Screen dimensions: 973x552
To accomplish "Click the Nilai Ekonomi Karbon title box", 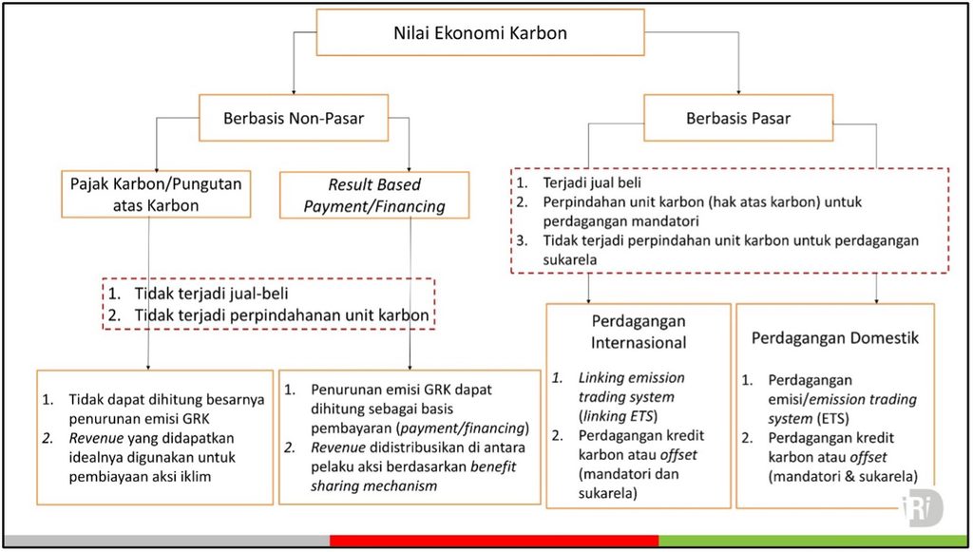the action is pyautogui.click(x=480, y=32).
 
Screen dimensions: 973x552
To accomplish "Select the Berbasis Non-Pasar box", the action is pyautogui.click(x=294, y=118).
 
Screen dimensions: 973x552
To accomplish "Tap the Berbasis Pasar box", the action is pyautogui.click(x=738, y=118).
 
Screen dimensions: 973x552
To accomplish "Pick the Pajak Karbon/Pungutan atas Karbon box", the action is pyautogui.click(x=156, y=194).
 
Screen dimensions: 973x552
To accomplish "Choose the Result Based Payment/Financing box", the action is pyautogui.click(x=374, y=195).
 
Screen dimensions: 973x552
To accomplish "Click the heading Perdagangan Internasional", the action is pyautogui.click(x=639, y=332).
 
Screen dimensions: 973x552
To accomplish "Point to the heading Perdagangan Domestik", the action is pyautogui.click(x=834, y=338).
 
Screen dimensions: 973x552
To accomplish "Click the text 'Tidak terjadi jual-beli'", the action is pyautogui.click(x=211, y=294).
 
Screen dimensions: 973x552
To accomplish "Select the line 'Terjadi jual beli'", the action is pyautogui.click(x=592, y=182).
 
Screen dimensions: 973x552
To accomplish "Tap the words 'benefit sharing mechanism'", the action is pyautogui.click(x=413, y=476).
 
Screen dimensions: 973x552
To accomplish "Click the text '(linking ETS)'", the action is pyautogui.click(x=618, y=416).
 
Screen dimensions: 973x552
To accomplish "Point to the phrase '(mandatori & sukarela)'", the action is pyautogui.click(x=843, y=476).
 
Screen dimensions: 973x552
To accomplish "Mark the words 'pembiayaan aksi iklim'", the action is pyautogui.click(x=140, y=477).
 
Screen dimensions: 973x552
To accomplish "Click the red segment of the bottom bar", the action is pyautogui.click(x=494, y=541).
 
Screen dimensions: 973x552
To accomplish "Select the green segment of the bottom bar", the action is pyautogui.click(x=813, y=541).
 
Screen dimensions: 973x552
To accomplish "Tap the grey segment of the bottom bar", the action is pyautogui.click(x=167, y=541).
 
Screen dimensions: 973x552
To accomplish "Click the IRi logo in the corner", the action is pyautogui.click(x=922, y=508).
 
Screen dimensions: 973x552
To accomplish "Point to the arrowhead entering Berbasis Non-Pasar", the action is pyautogui.click(x=294, y=91).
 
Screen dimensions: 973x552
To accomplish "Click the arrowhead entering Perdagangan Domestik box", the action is pyautogui.click(x=877, y=300).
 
